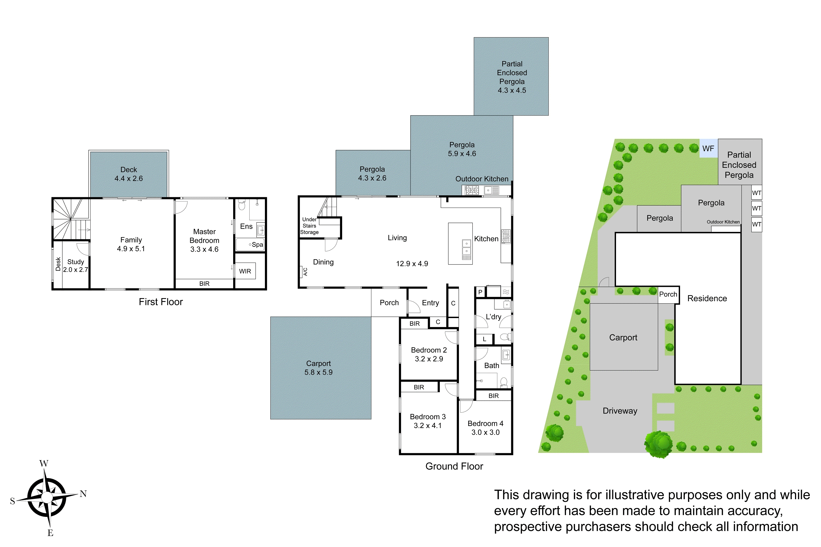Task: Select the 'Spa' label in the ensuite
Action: pos(257,245)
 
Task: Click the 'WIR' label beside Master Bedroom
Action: pos(245,271)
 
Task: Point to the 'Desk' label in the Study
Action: pos(58,264)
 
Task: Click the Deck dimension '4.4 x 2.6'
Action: pos(128,179)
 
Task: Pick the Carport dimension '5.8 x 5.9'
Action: pos(318,372)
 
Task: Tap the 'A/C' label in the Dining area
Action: pos(305,272)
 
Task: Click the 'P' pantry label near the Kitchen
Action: pos(480,292)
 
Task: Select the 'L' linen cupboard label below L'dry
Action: pos(484,339)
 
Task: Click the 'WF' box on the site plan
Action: pos(708,149)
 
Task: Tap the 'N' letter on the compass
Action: pos(83,494)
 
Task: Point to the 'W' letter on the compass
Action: pos(44,464)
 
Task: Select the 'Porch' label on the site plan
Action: pos(668,294)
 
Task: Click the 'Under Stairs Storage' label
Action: pos(309,226)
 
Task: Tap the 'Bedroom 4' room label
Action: pos(485,423)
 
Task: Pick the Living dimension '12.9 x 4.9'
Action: pos(412,264)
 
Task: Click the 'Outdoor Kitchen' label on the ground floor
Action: pos(482,179)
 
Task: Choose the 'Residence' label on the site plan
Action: pos(707,298)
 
